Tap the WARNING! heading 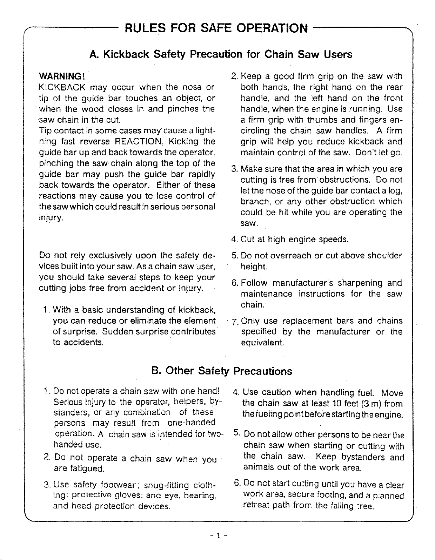[62, 76]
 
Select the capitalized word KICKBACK [61, 87]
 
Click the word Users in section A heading [337, 54]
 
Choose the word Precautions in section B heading [263, 371]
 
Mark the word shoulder [384, 256]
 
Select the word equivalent [262, 342]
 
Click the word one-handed [192, 423]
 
